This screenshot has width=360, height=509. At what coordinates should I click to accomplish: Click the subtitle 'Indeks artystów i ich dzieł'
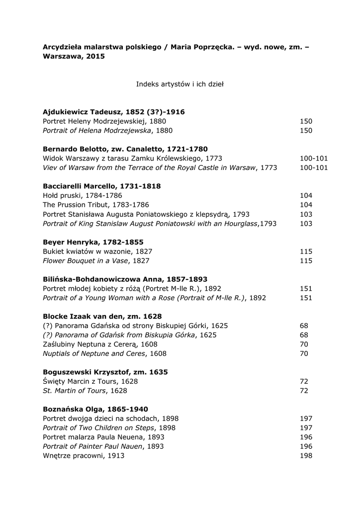(x=180, y=84)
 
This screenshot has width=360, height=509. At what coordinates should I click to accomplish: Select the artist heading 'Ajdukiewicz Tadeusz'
(x=114, y=112)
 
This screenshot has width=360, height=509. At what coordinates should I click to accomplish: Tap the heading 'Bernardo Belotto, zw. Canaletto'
(x=125, y=149)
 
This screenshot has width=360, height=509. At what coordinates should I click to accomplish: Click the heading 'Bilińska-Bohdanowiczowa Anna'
(x=125, y=279)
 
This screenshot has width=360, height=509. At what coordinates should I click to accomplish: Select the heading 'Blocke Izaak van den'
(x=102, y=316)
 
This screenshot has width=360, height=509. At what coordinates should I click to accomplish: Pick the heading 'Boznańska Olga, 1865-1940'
(x=95, y=409)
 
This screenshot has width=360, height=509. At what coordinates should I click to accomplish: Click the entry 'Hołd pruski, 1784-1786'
(x=83, y=196)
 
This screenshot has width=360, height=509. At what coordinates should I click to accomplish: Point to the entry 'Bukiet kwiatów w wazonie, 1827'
(x=97, y=252)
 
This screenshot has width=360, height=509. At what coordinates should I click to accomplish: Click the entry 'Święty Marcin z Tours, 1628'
(x=90, y=381)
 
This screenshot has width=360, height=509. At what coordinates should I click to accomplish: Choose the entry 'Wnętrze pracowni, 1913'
(x=84, y=455)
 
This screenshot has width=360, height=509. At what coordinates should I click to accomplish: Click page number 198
(x=306, y=455)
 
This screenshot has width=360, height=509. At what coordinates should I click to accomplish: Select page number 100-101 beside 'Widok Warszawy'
(x=314, y=159)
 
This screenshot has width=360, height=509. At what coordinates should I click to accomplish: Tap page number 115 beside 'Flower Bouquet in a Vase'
(x=306, y=260)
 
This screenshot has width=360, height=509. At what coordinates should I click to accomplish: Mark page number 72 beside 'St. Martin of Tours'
(x=304, y=391)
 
